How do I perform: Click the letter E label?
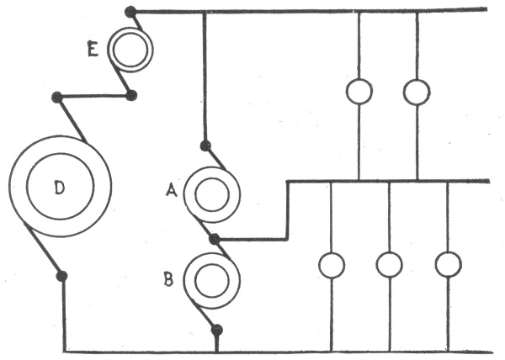(x=93, y=50)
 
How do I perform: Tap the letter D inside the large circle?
(x=59, y=188)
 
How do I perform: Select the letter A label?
(x=171, y=191)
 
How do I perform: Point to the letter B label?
(x=168, y=279)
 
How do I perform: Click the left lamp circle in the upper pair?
(x=359, y=92)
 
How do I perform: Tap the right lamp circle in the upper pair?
(x=417, y=92)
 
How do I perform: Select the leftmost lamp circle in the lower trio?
(x=332, y=265)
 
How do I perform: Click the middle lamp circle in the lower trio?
(x=389, y=265)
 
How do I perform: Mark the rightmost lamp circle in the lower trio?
(x=448, y=265)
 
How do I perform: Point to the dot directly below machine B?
(x=217, y=329)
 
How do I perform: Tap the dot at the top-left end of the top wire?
(x=130, y=12)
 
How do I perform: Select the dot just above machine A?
(x=205, y=145)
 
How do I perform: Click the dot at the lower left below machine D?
(x=61, y=275)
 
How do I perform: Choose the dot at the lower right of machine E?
(x=131, y=95)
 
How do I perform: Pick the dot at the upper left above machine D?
(x=56, y=98)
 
